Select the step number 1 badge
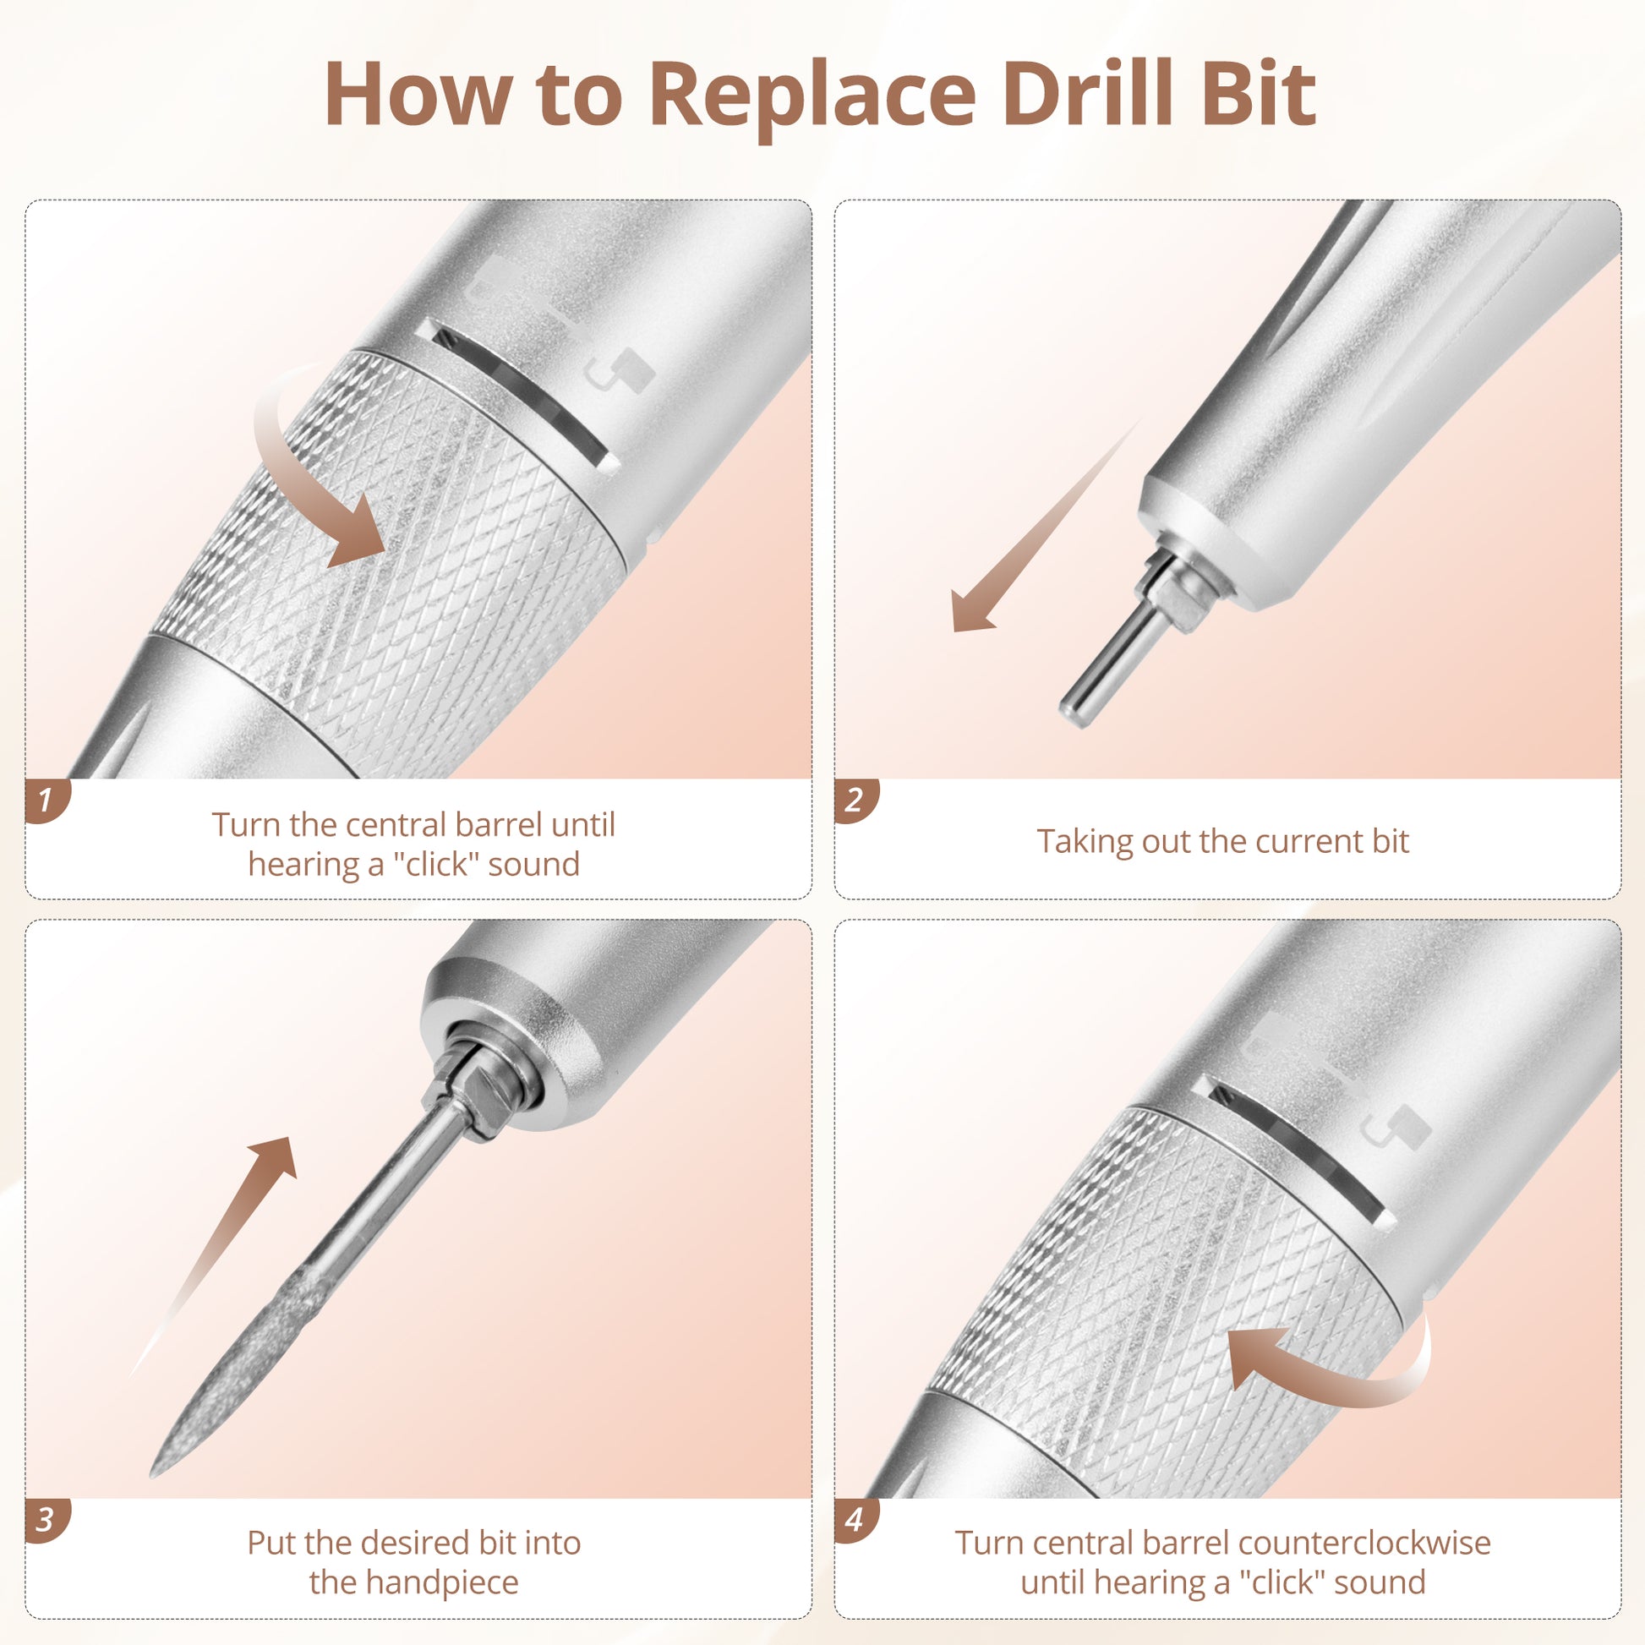[x=46, y=801]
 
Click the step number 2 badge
[x=855, y=801]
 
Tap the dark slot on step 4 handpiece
[x=1299, y=1150]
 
